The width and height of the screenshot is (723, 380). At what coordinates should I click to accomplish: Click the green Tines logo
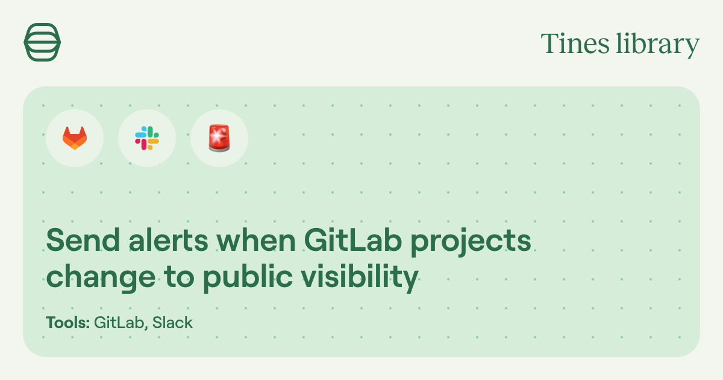pyautogui.click(x=42, y=42)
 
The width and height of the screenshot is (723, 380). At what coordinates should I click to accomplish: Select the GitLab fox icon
pyautogui.click(x=75, y=138)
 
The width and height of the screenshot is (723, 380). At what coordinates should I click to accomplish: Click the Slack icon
pyautogui.click(x=147, y=138)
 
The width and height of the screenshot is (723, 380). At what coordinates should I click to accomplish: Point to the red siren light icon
pyautogui.click(x=219, y=138)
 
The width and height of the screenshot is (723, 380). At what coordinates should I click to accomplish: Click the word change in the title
pyautogui.click(x=97, y=278)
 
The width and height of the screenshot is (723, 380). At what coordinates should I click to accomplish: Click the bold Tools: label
pyautogui.click(x=68, y=323)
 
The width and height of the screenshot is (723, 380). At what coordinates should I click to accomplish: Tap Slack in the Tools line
pyautogui.click(x=172, y=323)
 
